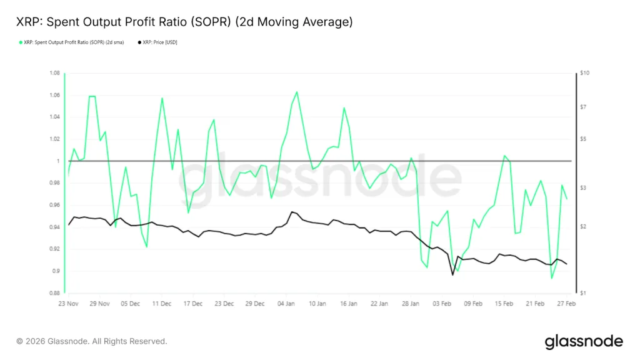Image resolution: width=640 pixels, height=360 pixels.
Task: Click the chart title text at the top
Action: click(184, 22)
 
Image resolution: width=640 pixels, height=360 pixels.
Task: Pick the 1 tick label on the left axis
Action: click(57, 161)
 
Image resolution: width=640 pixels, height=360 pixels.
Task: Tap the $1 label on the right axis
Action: click(582, 293)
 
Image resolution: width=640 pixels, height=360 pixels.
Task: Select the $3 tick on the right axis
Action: click(582, 187)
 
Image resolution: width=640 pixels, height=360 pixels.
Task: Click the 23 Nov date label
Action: click(68, 303)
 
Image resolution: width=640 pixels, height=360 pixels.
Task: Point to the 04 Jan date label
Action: click(286, 303)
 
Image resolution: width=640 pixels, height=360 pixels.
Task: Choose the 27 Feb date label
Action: click(566, 303)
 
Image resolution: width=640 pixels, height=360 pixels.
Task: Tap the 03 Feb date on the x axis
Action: click(442, 303)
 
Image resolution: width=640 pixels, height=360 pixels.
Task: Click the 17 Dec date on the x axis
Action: click(192, 303)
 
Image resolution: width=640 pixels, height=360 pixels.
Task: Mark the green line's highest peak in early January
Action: click(296, 92)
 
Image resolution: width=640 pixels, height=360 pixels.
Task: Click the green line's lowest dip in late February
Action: click(551, 278)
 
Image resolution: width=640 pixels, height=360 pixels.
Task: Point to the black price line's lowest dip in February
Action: click(452, 274)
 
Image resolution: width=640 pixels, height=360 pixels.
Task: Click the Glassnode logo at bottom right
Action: click(584, 341)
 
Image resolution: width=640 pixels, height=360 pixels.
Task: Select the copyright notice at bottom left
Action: click(92, 341)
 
